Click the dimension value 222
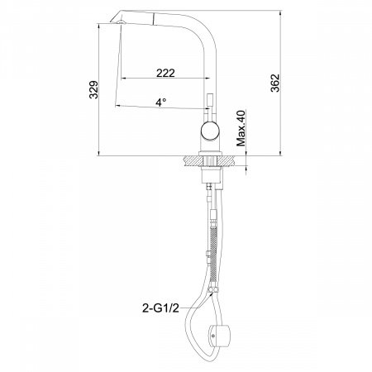pyautogui.click(x=165, y=73)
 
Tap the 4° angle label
pyautogui.click(x=160, y=102)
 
